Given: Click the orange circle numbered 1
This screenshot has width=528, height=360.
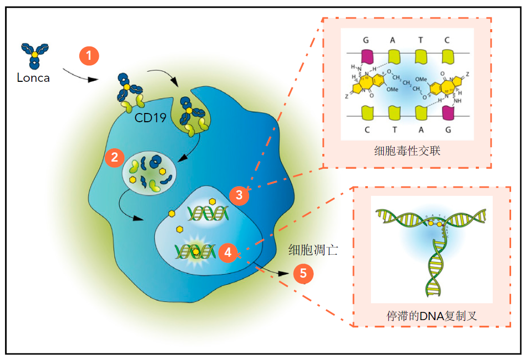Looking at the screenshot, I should click(x=89, y=56).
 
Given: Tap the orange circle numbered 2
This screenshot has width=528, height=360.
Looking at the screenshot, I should click(x=114, y=157).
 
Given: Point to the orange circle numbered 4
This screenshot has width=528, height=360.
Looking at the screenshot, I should click(x=228, y=252).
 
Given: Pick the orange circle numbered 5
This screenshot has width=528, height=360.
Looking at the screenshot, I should click(x=303, y=274).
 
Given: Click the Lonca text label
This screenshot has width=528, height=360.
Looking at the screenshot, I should click(x=33, y=78).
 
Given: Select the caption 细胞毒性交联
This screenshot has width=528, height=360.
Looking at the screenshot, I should click(x=407, y=151).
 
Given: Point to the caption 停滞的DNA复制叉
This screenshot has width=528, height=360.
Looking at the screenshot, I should click(x=431, y=315).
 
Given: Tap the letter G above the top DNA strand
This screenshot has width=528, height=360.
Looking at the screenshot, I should click(x=366, y=40).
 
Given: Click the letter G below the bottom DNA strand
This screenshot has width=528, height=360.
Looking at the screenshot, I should click(x=448, y=129).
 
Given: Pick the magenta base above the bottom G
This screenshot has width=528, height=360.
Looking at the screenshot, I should click(x=448, y=112).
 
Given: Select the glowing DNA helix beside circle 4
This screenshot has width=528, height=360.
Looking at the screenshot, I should click(x=194, y=251).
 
